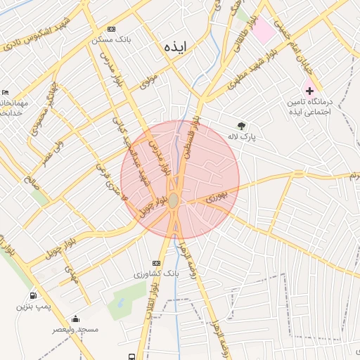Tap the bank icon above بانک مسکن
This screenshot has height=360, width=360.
pyautogui.click(x=111, y=29)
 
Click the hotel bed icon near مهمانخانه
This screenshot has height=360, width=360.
pyautogui.click(x=6, y=92)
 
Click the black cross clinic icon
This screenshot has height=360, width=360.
pyautogui.click(x=309, y=91)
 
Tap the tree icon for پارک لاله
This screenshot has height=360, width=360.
pyautogui.click(x=242, y=126)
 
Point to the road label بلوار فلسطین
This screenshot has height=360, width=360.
pyautogui.click(x=191, y=141)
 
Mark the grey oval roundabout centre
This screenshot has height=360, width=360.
pyautogui.click(x=174, y=200)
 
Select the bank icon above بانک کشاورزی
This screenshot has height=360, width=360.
pyautogui.click(x=155, y=263)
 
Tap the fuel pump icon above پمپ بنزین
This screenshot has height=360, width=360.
pyautogui.click(x=33, y=295)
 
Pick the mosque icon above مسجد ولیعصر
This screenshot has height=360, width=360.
pyautogui.click(x=75, y=319)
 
